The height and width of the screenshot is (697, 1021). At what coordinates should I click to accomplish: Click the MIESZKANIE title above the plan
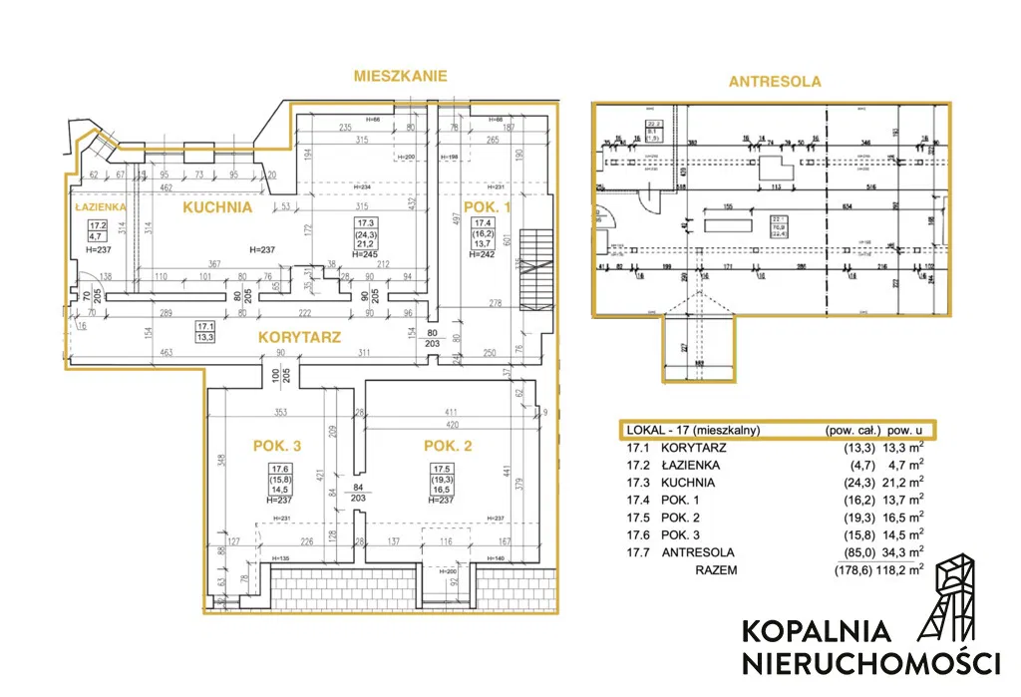click(x=401, y=75)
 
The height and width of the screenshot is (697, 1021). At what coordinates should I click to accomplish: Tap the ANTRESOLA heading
click(x=775, y=82)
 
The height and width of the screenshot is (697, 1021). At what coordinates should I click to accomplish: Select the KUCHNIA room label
click(x=215, y=207)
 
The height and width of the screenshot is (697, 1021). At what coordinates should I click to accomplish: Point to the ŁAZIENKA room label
click(x=99, y=206)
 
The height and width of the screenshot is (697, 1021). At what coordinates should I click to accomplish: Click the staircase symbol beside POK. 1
click(x=535, y=261)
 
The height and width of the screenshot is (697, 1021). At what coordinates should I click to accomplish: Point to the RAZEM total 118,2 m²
click(x=899, y=570)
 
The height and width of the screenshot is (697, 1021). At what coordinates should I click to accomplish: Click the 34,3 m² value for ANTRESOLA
click(x=899, y=552)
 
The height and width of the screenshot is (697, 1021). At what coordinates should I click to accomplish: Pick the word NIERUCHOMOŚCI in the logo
click(x=870, y=662)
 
